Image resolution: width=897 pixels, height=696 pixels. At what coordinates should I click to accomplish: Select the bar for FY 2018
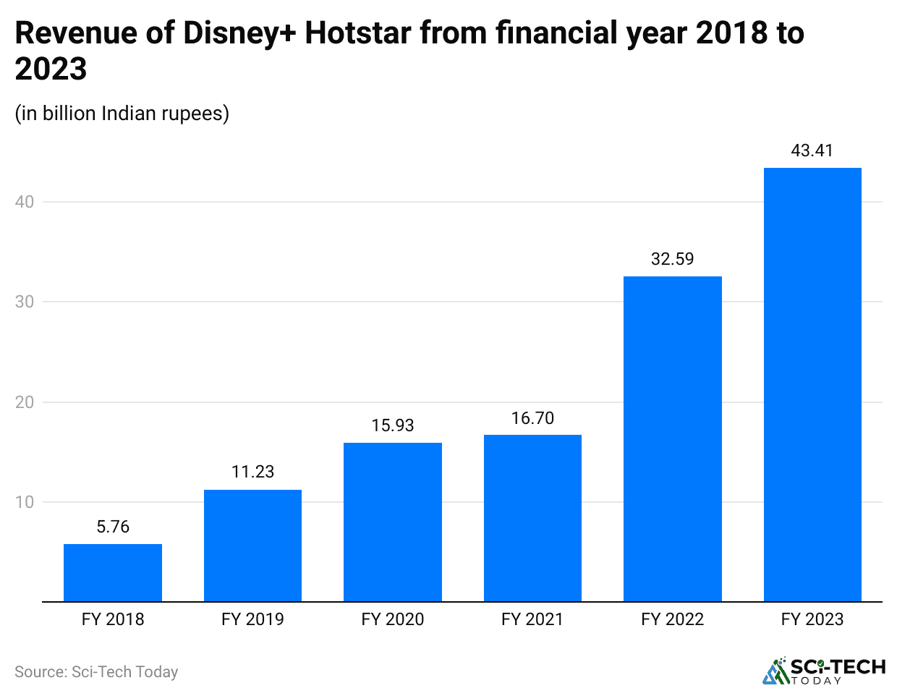coord(113,572)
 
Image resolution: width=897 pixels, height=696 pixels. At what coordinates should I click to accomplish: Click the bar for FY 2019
coord(252,546)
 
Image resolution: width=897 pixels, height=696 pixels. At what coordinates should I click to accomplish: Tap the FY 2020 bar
coord(393,522)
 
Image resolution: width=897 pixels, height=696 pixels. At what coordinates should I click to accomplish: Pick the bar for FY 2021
coord(532,518)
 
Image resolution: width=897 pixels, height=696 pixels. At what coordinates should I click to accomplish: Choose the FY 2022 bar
coord(672,438)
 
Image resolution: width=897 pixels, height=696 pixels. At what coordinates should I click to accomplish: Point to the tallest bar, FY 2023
coord(812,384)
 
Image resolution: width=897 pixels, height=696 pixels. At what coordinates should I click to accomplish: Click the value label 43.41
coord(812,150)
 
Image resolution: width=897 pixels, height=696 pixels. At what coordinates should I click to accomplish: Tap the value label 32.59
coord(672,259)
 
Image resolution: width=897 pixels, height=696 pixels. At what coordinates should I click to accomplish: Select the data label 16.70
coord(532,418)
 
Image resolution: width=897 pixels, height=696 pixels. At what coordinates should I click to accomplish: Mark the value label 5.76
coord(113,527)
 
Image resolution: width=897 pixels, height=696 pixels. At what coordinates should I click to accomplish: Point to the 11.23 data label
coord(252,472)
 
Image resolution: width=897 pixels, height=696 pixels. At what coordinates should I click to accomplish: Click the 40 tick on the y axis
coord(25,202)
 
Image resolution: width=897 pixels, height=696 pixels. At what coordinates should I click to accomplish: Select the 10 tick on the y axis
coord(25,502)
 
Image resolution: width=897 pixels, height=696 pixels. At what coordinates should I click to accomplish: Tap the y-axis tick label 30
coord(25,302)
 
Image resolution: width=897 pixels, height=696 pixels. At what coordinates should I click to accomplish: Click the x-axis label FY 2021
coord(532,619)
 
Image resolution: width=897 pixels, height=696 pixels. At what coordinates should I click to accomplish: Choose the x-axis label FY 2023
coord(812,619)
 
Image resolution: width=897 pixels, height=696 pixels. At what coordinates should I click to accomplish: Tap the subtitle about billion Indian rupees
coord(122,114)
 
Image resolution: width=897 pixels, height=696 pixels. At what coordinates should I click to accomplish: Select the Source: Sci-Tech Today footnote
coord(96,672)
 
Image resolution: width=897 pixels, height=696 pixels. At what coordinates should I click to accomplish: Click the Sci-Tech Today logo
coord(824,671)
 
